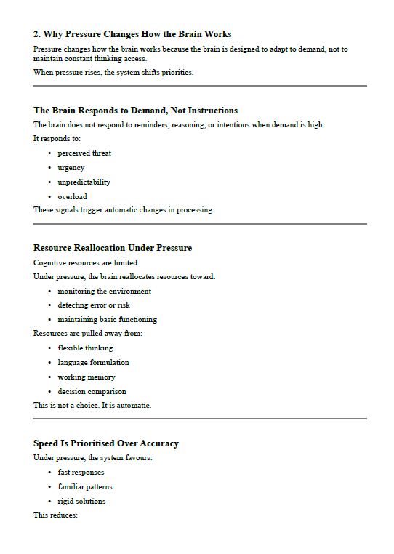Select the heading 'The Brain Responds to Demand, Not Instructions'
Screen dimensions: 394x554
[135, 111]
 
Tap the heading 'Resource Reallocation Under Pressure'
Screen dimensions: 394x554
[113, 248]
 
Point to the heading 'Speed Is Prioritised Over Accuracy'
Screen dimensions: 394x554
[106, 443]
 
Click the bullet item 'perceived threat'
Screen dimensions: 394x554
[84, 153]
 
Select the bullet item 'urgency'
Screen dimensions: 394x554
[71, 168]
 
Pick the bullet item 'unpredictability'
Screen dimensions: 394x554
[84, 182]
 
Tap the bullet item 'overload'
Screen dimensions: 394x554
[73, 197]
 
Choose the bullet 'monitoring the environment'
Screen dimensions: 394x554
[105, 292]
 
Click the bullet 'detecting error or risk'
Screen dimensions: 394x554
[94, 305]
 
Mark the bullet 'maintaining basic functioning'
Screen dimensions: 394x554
[108, 320]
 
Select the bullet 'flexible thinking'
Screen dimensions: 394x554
[86, 348]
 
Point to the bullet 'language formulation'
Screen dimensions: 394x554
[94, 363]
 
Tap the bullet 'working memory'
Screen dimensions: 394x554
[87, 377]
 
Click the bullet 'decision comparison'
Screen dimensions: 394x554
[92, 392]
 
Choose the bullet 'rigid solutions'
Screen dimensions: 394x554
[82, 502]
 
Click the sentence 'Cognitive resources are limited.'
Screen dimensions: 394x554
[87, 262]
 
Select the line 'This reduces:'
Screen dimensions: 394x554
[55, 515]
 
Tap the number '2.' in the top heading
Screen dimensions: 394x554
[37, 34]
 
